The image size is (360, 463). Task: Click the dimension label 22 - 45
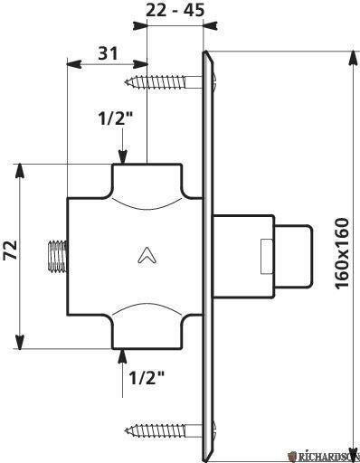click(x=175, y=11)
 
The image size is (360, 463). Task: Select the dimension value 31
click(x=108, y=53)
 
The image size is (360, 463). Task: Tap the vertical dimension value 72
click(x=11, y=250)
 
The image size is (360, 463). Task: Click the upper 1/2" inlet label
click(x=116, y=118)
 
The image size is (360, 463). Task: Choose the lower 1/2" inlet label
click(x=147, y=377)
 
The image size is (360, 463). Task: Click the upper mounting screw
click(x=156, y=82)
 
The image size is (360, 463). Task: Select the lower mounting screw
click(x=156, y=430)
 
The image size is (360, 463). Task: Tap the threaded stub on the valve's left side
click(x=58, y=256)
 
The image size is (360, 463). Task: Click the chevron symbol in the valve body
click(x=147, y=256)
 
